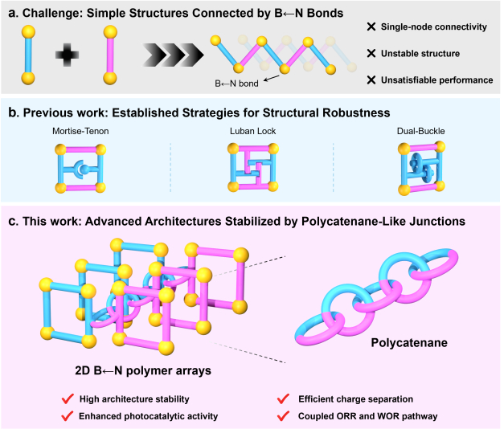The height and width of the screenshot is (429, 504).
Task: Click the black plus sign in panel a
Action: coord(67,55)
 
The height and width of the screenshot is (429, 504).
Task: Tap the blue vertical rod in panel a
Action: coord(28,55)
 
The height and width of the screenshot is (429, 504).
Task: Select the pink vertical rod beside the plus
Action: coord(110,55)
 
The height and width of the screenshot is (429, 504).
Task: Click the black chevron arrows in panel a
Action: coord(173,55)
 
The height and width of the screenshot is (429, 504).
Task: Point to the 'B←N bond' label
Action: coord(236,84)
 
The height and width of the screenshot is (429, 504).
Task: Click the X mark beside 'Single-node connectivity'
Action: coord(371,27)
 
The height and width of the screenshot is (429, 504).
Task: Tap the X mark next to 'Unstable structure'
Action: coord(371,53)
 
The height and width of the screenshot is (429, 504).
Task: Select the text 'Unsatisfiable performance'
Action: coord(436,80)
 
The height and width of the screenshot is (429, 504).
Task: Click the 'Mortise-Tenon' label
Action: coord(80,131)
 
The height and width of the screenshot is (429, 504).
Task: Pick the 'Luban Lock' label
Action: coord(252,131)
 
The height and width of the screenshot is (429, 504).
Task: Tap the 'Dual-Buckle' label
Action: coord(420,131)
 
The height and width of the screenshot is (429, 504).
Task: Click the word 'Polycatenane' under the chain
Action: coord(409,343)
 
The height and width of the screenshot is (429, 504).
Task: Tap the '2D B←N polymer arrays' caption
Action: coord(143,370)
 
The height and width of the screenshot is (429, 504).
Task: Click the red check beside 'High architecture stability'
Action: coord(68,399)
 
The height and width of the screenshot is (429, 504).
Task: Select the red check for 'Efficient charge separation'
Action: coord(283,399)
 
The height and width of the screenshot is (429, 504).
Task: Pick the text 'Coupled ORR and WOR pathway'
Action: coord(367,416)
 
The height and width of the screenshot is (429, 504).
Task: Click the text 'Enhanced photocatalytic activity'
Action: coord(149,416)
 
